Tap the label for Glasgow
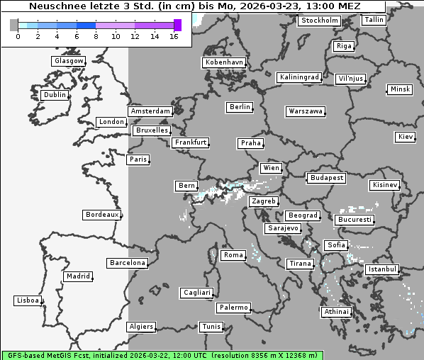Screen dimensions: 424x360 click(x=69, y=61)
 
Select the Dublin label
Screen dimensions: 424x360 click(x=55, y=95)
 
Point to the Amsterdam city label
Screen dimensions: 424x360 click(x=150, y=111)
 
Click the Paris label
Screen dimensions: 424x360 click(x=138, y=159)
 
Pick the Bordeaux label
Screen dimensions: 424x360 click(x=101, y=214)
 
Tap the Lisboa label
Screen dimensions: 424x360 click(x=28, y=300)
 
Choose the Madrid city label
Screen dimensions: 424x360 click(x=77, y=276)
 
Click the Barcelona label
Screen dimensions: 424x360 click(x=127, y=263)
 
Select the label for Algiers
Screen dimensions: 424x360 click(x=140, y=327)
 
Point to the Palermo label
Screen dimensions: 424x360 click(x=233, y=308)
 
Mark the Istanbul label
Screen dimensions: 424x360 click(x=382, y=270)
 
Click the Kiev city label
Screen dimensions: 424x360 click(x=406, y=137)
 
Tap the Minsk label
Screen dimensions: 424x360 click(x=399, y=89)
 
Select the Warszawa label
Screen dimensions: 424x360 click(x=306, y=111)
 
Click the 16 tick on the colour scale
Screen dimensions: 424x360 click(x=174, y=36)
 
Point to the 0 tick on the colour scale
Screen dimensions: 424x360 click(x=18, y=36)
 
